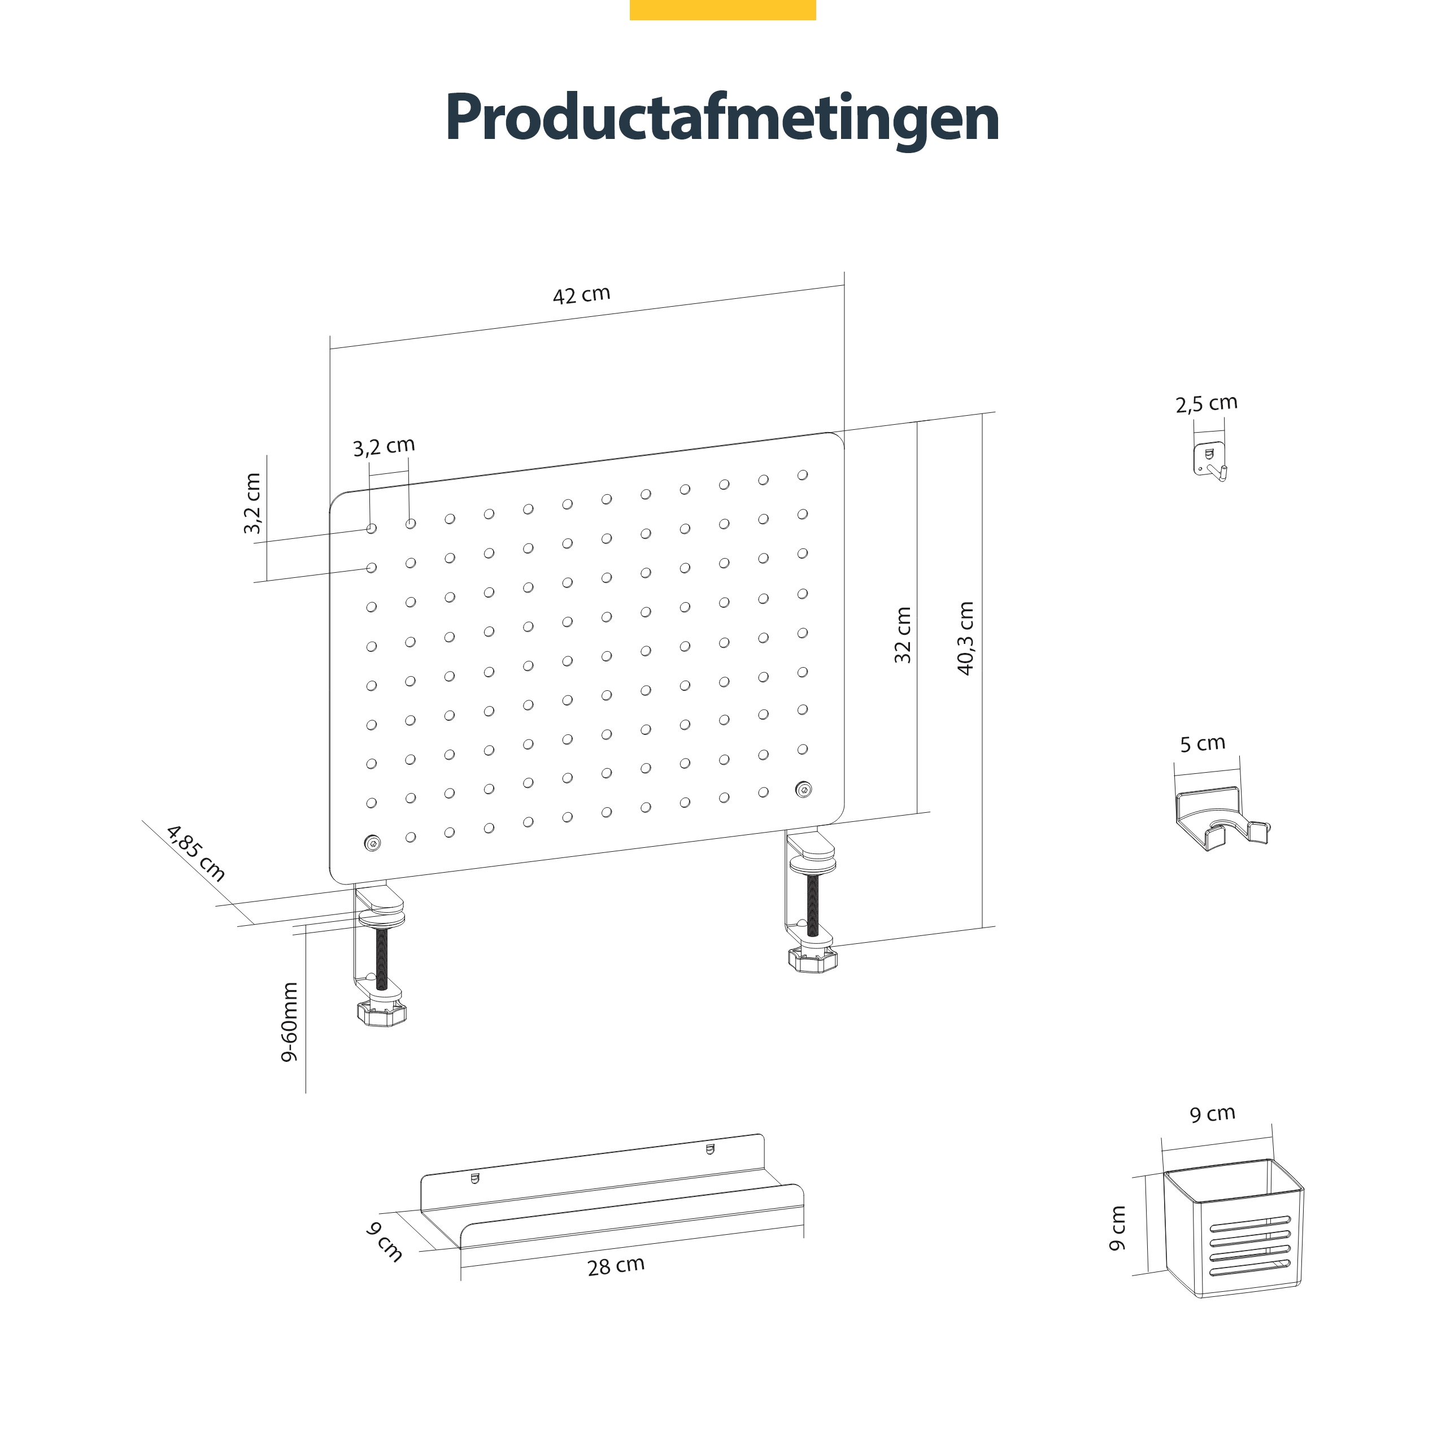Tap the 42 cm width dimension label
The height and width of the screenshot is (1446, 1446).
point(582,295)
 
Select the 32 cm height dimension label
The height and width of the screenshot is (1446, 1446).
point(903,635)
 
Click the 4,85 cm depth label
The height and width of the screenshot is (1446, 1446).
point(196,853)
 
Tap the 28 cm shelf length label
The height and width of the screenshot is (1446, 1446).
point(616,1266)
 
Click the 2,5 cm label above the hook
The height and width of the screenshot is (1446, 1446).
point(1207,403)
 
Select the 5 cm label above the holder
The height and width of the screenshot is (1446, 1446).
point(1203,743)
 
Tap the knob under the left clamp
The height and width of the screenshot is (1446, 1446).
point(382,1013)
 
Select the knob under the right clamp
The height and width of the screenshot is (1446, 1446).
point(812,960)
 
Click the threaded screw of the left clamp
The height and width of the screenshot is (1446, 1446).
point(382,959)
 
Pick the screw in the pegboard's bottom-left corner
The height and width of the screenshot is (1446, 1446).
point(372,843)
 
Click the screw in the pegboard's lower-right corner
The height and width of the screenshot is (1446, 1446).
point(803,789)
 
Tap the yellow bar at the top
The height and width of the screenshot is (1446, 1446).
point(722,10)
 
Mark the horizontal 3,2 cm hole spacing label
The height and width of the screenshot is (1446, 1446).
point(384,447)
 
